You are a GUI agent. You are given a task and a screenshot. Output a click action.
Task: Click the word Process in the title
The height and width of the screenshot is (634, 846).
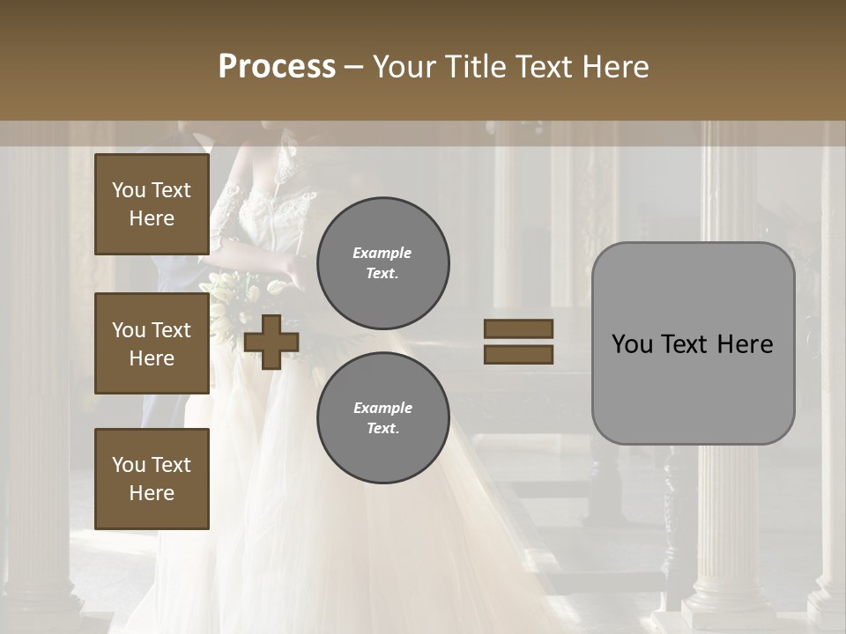(x=277, y=67)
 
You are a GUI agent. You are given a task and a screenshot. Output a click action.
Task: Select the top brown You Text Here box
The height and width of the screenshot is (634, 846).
(x=152, y=204)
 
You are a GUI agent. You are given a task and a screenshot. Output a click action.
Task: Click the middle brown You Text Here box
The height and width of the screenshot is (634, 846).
(x=152, y=343)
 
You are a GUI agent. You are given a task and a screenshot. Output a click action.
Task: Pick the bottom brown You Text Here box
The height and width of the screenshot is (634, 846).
(x=152, y=479)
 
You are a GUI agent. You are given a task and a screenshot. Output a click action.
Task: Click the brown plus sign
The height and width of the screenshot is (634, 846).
(x=271, y=342)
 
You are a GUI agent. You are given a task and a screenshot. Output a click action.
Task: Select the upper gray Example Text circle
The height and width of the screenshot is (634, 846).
(x=383, y=263)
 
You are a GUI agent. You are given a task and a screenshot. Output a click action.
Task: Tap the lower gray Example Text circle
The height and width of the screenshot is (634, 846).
(x=383, y=418)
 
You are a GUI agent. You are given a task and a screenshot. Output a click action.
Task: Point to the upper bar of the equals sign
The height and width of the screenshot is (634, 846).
(x=518, y=328)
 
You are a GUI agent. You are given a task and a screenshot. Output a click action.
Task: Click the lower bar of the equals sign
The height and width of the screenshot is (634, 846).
(x=518, y=355)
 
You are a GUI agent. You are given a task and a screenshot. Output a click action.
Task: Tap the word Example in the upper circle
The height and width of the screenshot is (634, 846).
(x=382, y=253)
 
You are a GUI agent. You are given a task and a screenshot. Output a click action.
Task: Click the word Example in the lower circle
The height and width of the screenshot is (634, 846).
(x=382, y=408)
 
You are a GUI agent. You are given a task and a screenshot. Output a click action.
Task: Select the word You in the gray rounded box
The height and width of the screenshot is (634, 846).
(x=633, y=344)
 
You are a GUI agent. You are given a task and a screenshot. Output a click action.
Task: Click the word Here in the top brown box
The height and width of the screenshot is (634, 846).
(x=152, y=218)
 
